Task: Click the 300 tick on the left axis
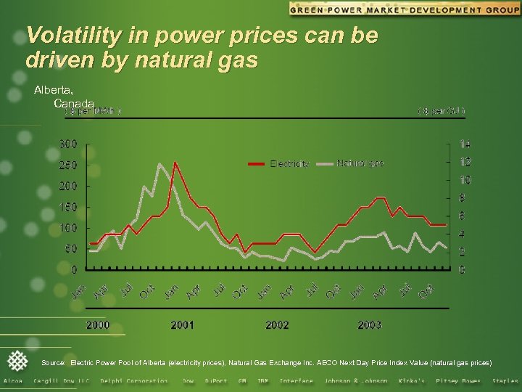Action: [x=68, y=144]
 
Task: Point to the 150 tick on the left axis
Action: [x=68, y=207]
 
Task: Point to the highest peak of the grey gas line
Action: [x=160, y=164]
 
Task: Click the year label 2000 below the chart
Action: [x=99, y=324]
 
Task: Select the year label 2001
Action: [x=182, y=324]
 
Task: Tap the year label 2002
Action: [x=277, y=324]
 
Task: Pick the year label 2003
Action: [x=369, y=324]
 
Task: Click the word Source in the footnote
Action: [x=54, y=362]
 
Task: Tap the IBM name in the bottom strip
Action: [x=262, y=381]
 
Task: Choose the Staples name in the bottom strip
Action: [x=505, y=381]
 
